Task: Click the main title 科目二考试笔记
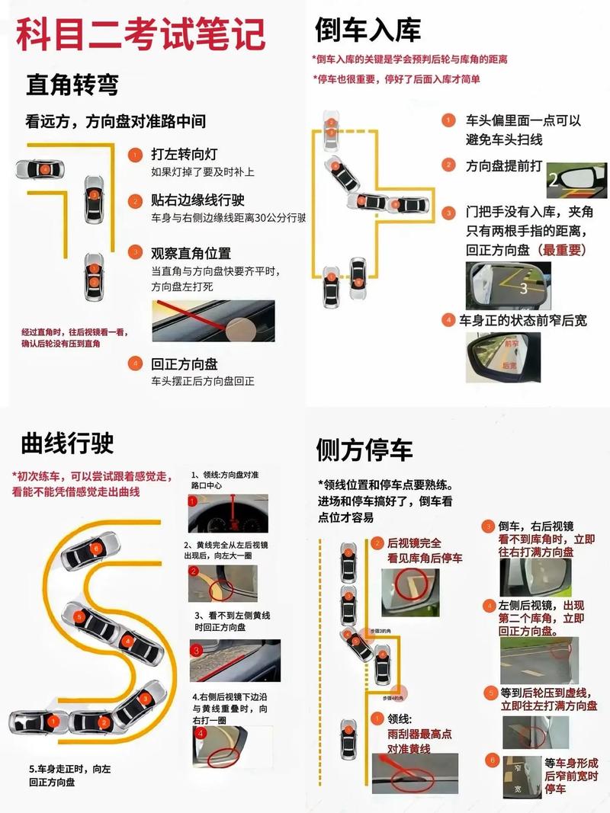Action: coord(141,34)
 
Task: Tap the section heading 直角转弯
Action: coord(72,84)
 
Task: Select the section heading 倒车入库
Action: coord(368,30)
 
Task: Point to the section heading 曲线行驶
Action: coord(68,442)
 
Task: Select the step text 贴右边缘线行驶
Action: coord(197,200)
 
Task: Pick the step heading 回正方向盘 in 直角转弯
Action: coord(185,364)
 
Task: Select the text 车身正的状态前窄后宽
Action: coord(523,321)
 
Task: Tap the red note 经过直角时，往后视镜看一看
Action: coord(74,338)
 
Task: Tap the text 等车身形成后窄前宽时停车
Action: coord(570,775)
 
